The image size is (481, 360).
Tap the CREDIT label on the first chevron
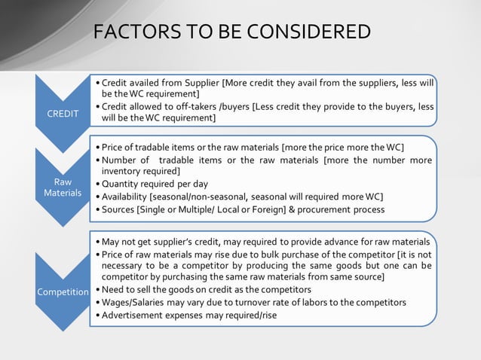pyautogui.click(x=63, y=114)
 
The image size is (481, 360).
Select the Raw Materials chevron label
pyautogui.click(x=63, y=188)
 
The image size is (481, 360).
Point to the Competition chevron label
pyautogui.click(x=63, y=290)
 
